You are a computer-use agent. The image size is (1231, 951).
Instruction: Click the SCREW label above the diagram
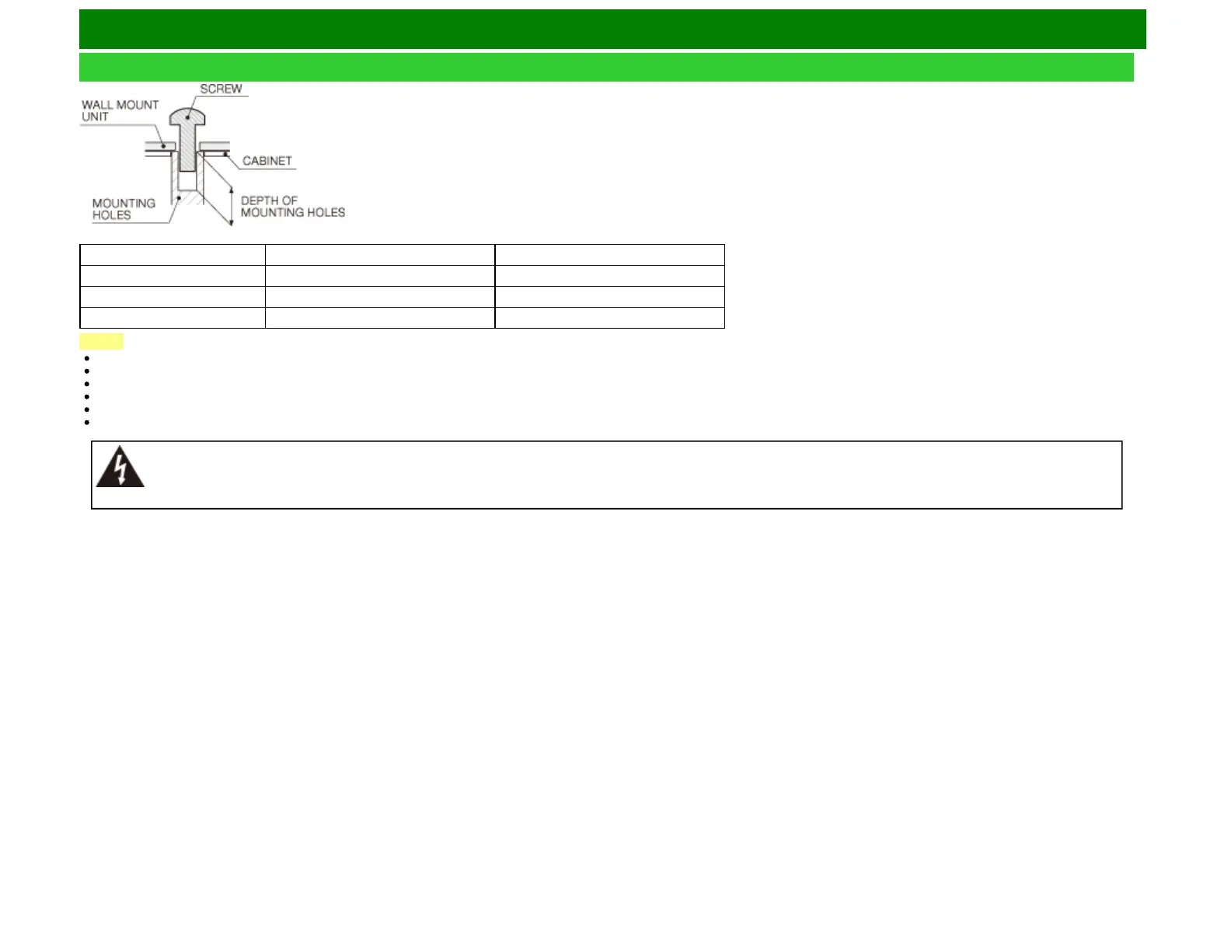click(221, 89)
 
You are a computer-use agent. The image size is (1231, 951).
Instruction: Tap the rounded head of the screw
click(187, 117)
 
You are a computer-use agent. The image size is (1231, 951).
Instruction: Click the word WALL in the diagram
click(97, 105)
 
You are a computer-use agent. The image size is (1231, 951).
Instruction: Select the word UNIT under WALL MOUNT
click(95, 117)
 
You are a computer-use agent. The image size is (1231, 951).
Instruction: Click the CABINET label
click(267, 161)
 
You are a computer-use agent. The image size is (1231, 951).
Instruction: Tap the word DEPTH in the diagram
click(260, 200)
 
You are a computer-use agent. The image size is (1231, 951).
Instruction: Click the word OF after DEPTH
click(290, 200)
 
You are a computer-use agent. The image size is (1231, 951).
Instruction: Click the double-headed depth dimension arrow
click(231, 206)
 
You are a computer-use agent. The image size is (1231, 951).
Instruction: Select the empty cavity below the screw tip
click(187, 182)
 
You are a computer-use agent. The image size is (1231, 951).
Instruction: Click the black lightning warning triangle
click(120, 467)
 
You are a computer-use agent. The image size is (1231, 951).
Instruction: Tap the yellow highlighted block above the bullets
click(101, 341)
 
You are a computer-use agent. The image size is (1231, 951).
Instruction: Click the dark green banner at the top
click(612, 29)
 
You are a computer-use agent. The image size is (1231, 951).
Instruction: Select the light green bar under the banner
click(606, 67)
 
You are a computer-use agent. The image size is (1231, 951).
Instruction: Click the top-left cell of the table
click(173, 255)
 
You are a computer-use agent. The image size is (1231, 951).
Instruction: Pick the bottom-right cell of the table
click(609, 318)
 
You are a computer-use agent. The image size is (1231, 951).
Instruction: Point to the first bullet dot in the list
click(86, 358)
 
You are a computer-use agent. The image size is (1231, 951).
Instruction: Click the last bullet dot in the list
click(86, 422)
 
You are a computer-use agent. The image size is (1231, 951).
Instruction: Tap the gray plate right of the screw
click(214, 146)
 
